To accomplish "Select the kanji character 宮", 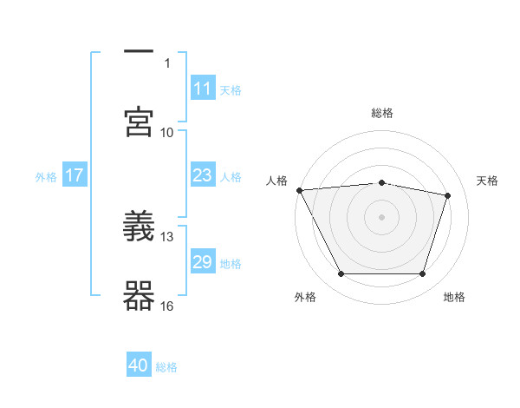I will pyautogui.click(x=139, y=122).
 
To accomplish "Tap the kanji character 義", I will pyautogui.click(x=139, y=227).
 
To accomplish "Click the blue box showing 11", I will pyautogui.click(x=203, y=89).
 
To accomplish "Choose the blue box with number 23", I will pyautogui.click(x=203, y=175).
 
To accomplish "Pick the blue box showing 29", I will pyautogui.click(x=203, y=262).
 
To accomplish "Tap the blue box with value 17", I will pyautogui.click(x=75, y=175).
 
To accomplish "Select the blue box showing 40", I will pyautogui.click(x=139, y=365).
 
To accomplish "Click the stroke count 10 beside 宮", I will pyautogui.click(x=167, y=132).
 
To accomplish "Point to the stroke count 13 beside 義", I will pyautogui.click(x=167, y=236).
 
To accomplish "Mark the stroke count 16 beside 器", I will pyautogui.click(x=167, y=306).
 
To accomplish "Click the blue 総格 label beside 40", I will pyautogui.click(x=166, y=367).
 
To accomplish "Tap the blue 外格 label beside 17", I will pyautogui.click(x=46, y=176).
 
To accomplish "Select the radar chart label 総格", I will pyautogui.click(x=382, y=113).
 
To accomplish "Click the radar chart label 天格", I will pyautogui.click(x=488, y=181).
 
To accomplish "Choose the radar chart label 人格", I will pyautogui.click(x=277, y=181).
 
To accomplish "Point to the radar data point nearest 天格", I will pyautogui.click(x=448, y=195).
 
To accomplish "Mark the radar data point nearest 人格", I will pyautogui.click(x=299, y=190).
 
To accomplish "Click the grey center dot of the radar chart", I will pyautogui.click(x=382, y=217).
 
